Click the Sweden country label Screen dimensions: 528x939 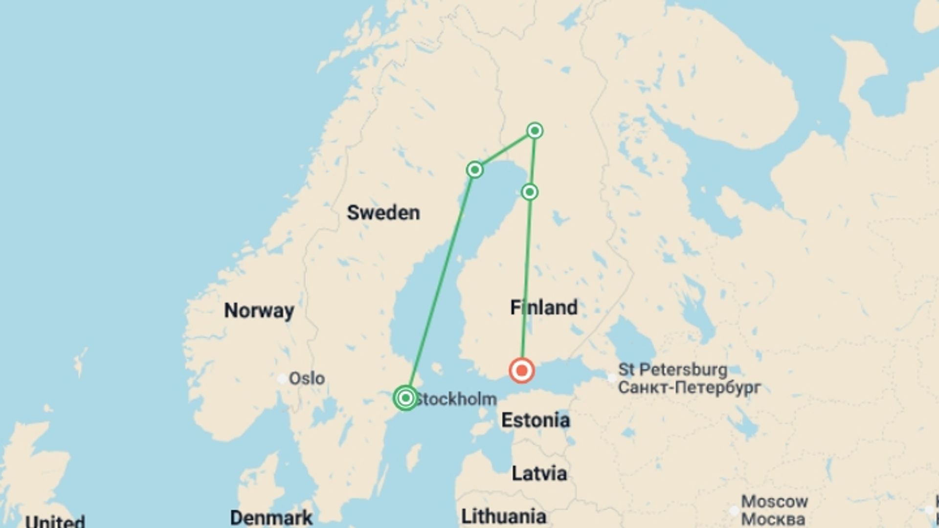383,213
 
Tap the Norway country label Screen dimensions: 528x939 259,310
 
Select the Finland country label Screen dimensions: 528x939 543,308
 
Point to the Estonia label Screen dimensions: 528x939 536,420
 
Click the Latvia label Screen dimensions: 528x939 539,473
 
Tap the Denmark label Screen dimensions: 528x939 271,518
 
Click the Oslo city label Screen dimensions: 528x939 307,378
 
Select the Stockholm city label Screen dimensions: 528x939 456,399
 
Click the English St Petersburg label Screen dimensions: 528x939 672,370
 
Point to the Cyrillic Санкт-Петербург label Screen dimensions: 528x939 689,388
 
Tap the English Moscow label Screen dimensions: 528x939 774,502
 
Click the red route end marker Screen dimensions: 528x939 521,371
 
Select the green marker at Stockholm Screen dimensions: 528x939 405,398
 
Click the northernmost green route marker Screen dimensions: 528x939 535,131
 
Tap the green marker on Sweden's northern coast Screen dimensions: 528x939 474,170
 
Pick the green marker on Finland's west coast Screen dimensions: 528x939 530,192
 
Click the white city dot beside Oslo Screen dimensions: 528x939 282,378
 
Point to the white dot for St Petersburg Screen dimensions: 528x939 611,378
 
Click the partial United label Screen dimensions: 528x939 55,521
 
